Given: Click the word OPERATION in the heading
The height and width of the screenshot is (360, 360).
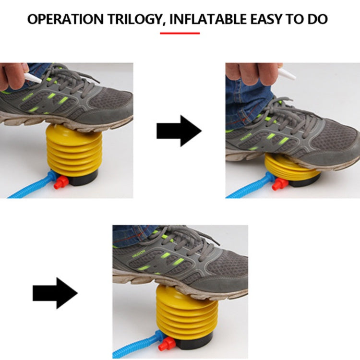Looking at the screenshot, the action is point(66,19).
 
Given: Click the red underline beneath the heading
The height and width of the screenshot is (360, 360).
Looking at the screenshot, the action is point(180,33).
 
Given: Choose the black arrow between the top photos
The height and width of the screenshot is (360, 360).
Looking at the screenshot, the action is point(179,131).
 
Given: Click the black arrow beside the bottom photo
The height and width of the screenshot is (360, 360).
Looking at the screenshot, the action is point(55,293).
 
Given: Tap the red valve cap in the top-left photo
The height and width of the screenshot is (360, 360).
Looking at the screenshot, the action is point(61,182).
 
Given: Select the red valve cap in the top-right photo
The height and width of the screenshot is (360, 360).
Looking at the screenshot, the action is point(280,184).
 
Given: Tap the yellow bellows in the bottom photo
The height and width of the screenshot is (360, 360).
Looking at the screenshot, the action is point(186,312).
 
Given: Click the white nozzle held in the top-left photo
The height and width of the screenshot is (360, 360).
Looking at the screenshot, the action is point(33,78).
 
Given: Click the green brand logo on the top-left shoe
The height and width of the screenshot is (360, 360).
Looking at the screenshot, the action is point(28,97).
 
